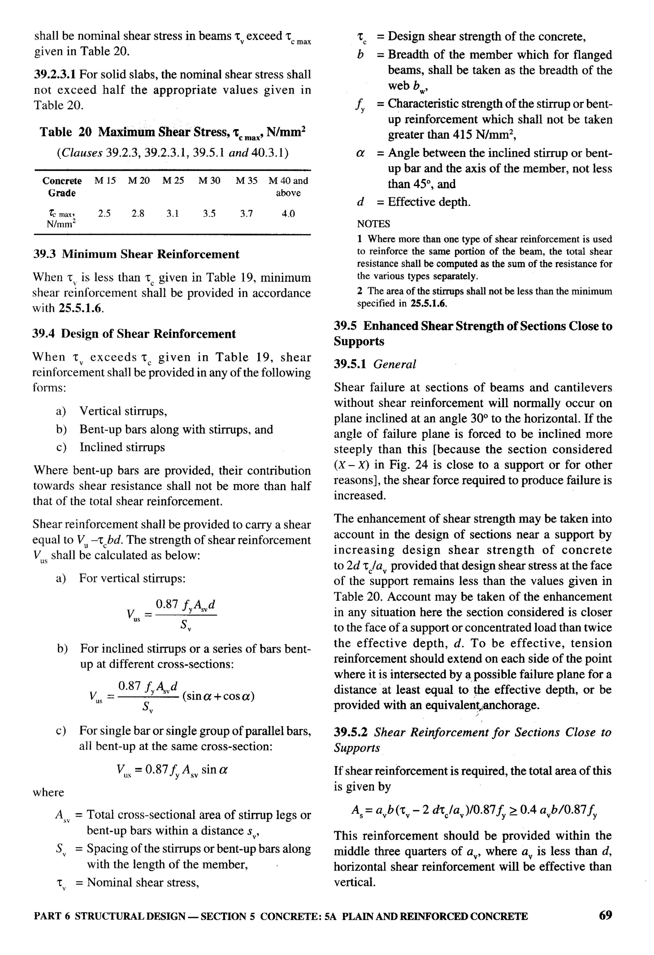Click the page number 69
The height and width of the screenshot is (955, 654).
pos(605,915)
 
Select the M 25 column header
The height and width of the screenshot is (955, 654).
pos(173,180)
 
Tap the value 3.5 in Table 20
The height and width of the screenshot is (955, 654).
pos(209,214)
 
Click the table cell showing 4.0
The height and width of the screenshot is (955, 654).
pos(288,214)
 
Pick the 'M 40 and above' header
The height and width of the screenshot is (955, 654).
pos(288,187)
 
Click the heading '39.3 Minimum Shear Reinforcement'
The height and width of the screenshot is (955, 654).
pos(136,254)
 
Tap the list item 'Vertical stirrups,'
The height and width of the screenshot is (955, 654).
pos(123,411)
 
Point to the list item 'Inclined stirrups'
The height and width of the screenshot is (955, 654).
pos(122,447)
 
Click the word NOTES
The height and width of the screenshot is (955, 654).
pos(373,224)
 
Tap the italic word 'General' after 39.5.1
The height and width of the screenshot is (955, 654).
pos(394,364)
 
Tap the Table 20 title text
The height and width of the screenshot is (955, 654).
pos(172,132)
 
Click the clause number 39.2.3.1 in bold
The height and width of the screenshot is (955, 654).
pos(55,74)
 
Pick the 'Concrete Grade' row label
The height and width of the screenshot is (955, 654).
pos(62,187)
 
